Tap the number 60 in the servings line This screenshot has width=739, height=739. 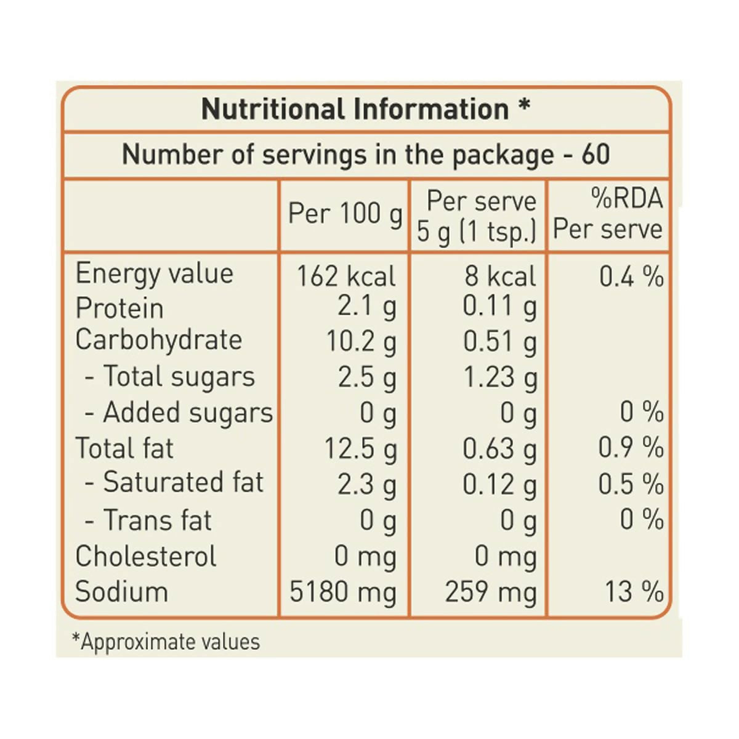click(x=596, y=154)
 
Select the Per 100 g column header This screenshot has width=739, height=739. click(x=345, y=214)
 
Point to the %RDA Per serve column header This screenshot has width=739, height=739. click(x=608, y=214)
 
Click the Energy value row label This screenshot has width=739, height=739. click(x=154, y=273)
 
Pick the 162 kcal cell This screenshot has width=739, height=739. click(x=345, y=277)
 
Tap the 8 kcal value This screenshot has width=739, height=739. click(x=500, y=277)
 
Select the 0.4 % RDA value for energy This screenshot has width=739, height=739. click(x=631, y=277)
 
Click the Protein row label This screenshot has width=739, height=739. click(x=119, y=308)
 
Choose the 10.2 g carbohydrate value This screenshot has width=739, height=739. click(x=361, y=341)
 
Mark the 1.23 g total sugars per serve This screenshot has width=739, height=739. click(x=500, y=377)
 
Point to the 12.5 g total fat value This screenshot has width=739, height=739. click(x=360, y=448)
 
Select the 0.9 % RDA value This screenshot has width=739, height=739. click(x=631, y=448)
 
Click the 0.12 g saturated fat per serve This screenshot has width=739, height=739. click(x=500, y=485)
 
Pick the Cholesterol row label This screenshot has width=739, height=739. click(x=145, y=556)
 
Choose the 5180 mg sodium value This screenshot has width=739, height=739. click(x=343, y=592)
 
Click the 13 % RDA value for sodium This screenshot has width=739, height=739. click(x=634, y=592)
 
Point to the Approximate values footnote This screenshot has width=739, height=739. click(x=166, y=642)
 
